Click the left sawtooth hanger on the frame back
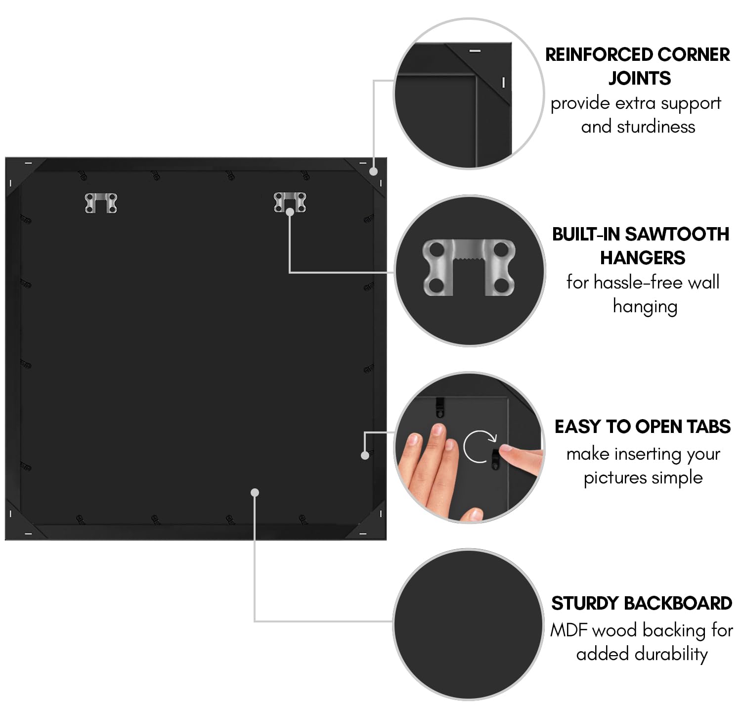click(x=100, y=203)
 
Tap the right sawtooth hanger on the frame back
click(x=290, y=202)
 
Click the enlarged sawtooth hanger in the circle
click(x=469, y=267)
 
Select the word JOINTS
click(x=639, y=78)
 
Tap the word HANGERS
click(x=643, y=258)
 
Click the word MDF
click(x=569, y=630)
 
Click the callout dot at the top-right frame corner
click(x=373, y=172)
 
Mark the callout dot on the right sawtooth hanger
click(x=290, y=212)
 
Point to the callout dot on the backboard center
click(x=255, y=492)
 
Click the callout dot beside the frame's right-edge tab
click(x=365, y=455)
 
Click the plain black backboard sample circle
click(x=469, y=624)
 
